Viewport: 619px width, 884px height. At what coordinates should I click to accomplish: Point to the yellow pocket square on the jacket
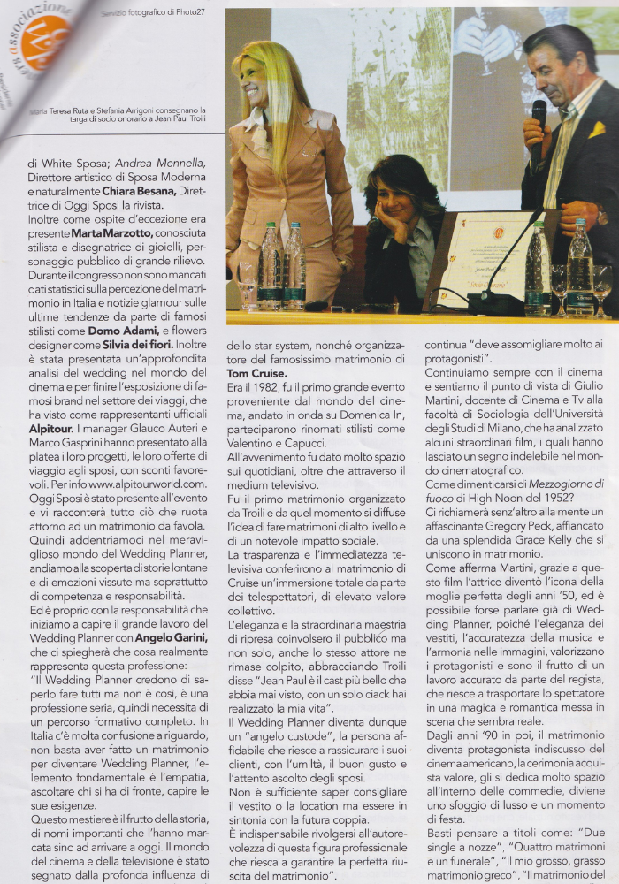coord(597,130)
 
